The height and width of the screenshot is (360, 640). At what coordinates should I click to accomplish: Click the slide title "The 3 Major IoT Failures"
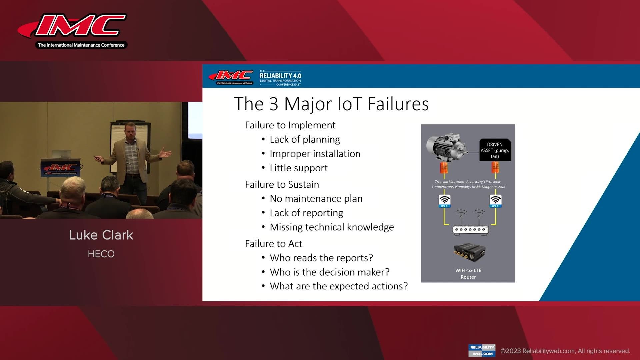331,104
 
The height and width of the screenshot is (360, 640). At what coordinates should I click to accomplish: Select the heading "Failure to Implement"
290,125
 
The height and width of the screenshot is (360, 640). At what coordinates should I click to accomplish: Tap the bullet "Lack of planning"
305,139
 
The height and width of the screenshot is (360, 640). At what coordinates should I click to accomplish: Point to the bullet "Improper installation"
315,154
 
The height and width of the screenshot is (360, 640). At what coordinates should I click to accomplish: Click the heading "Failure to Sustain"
282,184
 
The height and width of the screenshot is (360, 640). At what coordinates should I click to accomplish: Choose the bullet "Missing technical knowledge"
332,227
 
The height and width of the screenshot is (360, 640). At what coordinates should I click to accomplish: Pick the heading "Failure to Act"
273,244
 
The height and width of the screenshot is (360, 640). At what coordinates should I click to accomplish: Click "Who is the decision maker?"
329,272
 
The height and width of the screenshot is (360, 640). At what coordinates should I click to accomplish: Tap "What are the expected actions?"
339,286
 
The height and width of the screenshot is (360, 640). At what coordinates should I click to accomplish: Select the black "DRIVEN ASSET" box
495,150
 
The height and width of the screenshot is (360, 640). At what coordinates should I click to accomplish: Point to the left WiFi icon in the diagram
445,201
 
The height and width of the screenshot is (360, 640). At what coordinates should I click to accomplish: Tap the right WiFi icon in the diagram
495,201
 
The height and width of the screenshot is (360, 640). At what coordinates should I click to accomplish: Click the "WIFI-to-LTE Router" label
468,273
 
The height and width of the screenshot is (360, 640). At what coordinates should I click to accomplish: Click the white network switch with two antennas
470,229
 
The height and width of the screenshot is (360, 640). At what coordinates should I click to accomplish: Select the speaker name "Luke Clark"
101,235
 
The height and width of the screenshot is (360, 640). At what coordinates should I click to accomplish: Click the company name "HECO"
101,254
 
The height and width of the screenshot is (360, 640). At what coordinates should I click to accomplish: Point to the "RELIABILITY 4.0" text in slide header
280,76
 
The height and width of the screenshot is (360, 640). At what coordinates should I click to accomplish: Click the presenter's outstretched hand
165,154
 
